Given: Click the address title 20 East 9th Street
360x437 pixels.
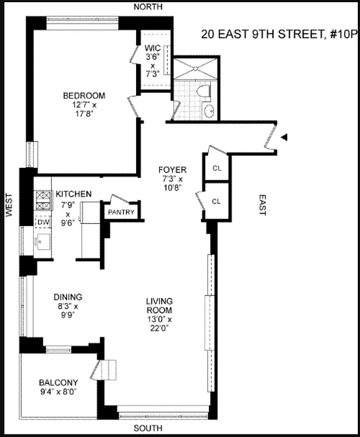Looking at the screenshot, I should click(279, 35).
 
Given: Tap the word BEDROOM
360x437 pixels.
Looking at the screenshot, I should click(84, 96).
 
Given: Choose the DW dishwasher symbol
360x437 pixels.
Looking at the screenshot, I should click(43, 223).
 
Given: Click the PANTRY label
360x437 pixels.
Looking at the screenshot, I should click(121, 212).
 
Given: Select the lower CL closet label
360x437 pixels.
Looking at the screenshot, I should click(216, 202).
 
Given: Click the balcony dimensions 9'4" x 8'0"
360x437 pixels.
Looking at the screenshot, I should click(57, 392).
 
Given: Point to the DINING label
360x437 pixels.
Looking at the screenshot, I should click(68, 297).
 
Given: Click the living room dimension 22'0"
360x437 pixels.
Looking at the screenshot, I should click(159, 328).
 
